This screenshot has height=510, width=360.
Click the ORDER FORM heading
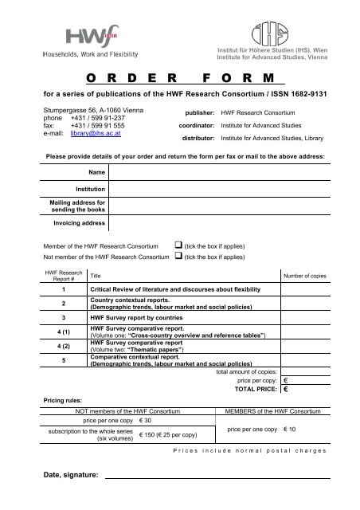179,78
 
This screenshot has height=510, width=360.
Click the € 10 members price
293,429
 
